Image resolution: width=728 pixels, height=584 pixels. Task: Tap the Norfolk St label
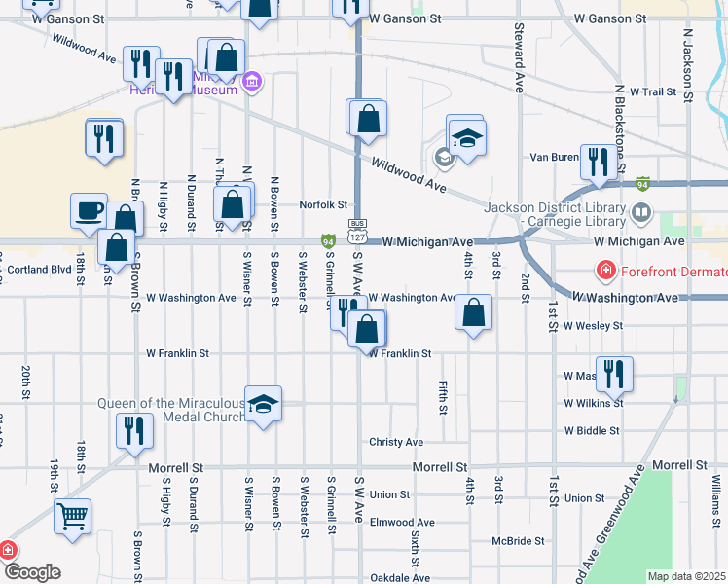tap(323, 205)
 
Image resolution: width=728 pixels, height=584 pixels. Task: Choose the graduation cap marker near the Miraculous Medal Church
tap(262, 403)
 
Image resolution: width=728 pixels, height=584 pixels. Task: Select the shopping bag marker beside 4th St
tap(473, 312)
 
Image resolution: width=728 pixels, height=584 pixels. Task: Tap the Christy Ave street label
tap(396, 442)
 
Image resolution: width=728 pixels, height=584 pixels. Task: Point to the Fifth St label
tap(443, 397)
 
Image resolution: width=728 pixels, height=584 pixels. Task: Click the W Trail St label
tap(653, 91)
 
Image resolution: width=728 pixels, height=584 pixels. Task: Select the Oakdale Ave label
tap(400, 577)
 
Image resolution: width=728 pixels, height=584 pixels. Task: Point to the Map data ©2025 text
tap(685, 576)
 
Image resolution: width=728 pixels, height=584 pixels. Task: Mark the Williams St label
tap(715, 496)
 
